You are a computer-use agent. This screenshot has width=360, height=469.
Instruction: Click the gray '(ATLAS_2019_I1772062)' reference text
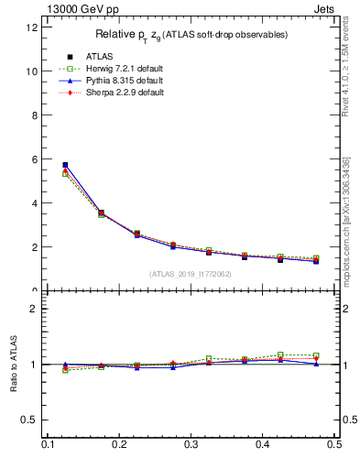pyautogui.click(x=190, y=273)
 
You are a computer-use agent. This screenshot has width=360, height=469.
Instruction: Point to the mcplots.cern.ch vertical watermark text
pyautogui.click(x=345, y=220)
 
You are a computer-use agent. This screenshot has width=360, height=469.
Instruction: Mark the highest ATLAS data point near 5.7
pyautogui.click(x=65, y=165)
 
